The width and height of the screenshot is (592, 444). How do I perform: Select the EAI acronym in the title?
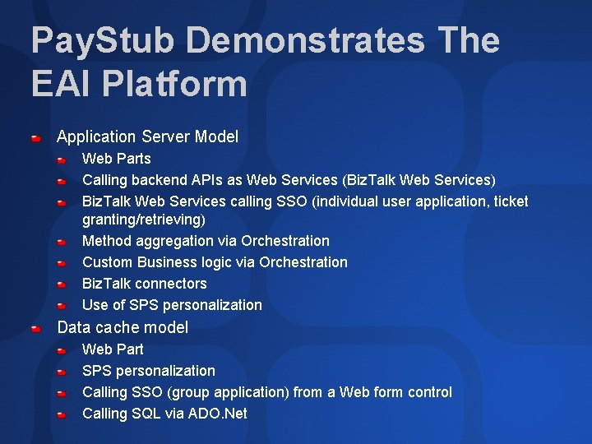pyautogui.click(x=56, y=83)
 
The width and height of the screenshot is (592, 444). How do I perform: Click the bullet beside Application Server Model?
pyautogui.click(x=35, y=138)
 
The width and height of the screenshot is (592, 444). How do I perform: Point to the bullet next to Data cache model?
pyautogui.click(x=35, y=329)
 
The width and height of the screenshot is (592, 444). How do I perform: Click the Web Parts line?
pyautogui.click(x=117, y=159)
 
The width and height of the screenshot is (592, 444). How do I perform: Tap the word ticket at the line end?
pyautogui.click(x=509, y=201)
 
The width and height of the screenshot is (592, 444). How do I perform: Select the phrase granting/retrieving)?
pyautogui.click(x=144, y=220)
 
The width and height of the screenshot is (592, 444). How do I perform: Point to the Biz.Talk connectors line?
pyautogui.click(x=145, y=284)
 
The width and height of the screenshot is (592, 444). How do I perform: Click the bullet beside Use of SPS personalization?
pyautogui.click(x=62, y=306)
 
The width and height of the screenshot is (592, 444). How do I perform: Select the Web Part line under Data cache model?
pyautogui.click(x=113, y=349)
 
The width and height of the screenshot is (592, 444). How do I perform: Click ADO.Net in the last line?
pyautogui.click(x=218, y=414)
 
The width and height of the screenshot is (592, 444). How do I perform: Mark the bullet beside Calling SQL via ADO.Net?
pyautogui.click(x=62, y=415)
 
